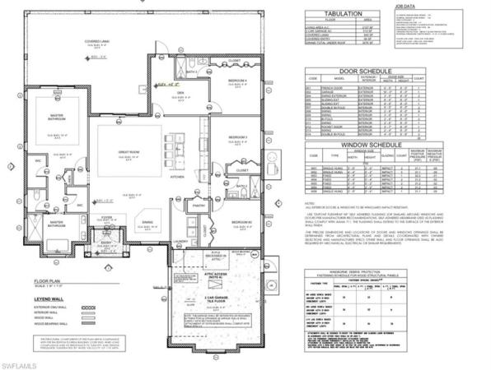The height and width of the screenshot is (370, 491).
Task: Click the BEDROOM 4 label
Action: pos(239,80)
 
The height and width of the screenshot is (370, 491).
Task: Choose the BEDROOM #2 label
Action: pos(241,222)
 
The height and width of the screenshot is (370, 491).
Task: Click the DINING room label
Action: pos(147,222)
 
